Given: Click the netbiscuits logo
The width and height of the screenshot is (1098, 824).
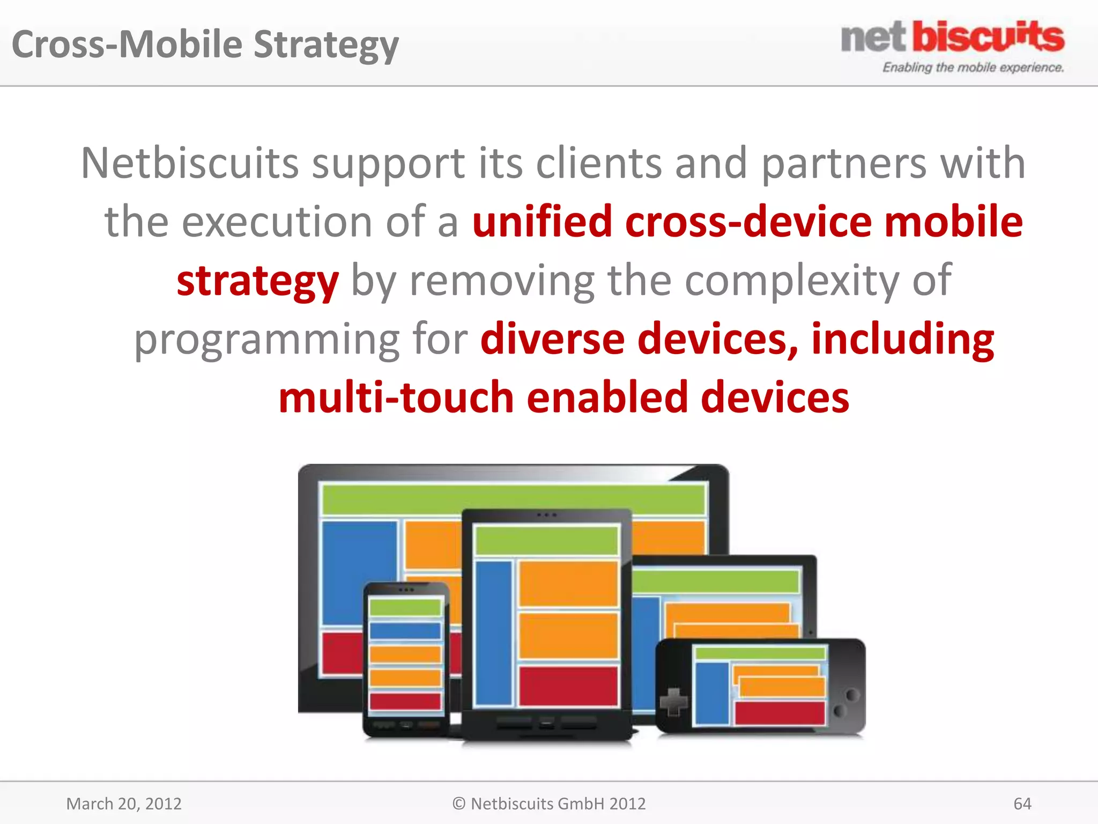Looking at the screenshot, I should [x=952, y=38].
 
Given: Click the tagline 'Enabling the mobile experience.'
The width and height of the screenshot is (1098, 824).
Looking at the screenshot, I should [x=973, y=68].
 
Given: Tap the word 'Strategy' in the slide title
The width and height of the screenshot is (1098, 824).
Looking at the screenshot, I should [x=326, y=45].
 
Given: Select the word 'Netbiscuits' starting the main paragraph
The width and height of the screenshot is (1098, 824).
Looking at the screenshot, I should [x=190, y=163].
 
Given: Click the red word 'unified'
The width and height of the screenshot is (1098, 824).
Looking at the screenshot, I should [x=542, y=222].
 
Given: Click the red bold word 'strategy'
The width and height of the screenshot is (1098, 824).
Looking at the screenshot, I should [x=257, y=281].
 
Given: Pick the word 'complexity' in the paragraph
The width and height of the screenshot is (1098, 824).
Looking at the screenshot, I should [x=791, y=281].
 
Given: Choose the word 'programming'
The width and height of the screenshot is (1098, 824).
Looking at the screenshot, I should [x=266, y=340].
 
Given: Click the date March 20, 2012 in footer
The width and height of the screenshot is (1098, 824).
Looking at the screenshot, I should [x=124, y=804].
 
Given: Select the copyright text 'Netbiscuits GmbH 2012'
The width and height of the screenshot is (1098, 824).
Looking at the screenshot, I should [x=558, y=804].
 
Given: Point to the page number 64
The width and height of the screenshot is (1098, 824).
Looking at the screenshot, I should [x=1022, y=804].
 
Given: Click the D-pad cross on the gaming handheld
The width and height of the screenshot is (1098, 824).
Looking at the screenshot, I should [x=673, y=701].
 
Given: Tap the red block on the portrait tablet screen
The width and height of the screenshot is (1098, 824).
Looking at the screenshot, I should [x=568, y=686].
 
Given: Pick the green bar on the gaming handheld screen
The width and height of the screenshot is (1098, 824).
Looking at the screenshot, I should [x=759, y=653].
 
